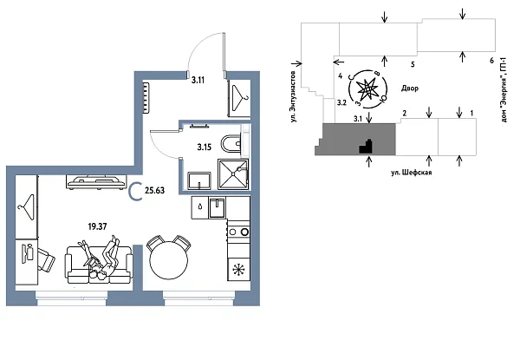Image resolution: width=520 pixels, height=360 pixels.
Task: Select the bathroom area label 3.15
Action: pos(204,147)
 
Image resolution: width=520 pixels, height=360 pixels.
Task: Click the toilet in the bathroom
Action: pos(230,143)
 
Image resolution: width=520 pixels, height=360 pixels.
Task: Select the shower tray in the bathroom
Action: pos(234,175)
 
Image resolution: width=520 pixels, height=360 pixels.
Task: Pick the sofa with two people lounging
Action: pos(98,263)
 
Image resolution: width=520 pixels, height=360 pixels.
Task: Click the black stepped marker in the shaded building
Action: pos(367,146)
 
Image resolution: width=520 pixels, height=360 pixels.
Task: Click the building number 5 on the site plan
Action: pos(413,65)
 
